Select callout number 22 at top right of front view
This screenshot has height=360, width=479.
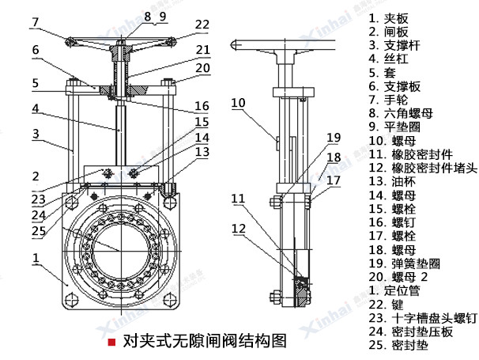pyautogui.click(x=203, y=25)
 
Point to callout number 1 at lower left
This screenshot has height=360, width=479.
pyautogui.click(x=36, y=258)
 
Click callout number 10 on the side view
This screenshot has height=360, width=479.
pyautogui.click(x=239, y=101)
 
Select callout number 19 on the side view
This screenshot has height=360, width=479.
pyautogui.click(x=334, y=136)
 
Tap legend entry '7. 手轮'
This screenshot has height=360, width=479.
pyautogui.click(x=399, y=100)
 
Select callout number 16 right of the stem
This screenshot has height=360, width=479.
pyautogui.click(x=202, y=105)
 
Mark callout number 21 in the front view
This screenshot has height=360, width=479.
pyautogui.click(x=203, y=49)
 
